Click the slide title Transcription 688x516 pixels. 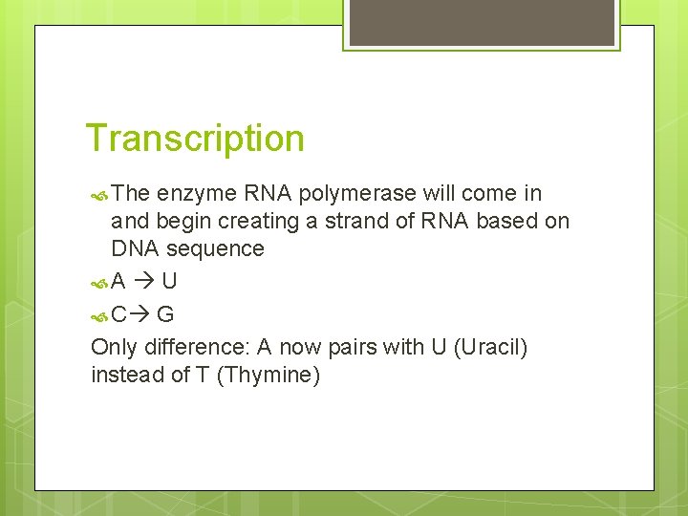195,139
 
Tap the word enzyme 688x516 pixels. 197,194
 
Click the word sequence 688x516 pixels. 215,249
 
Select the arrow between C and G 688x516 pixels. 140,314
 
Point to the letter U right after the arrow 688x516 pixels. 168,282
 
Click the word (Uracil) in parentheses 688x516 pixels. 491,347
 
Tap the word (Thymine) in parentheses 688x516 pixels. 269,375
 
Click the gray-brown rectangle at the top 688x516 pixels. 481,23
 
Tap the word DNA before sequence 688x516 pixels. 135,249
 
